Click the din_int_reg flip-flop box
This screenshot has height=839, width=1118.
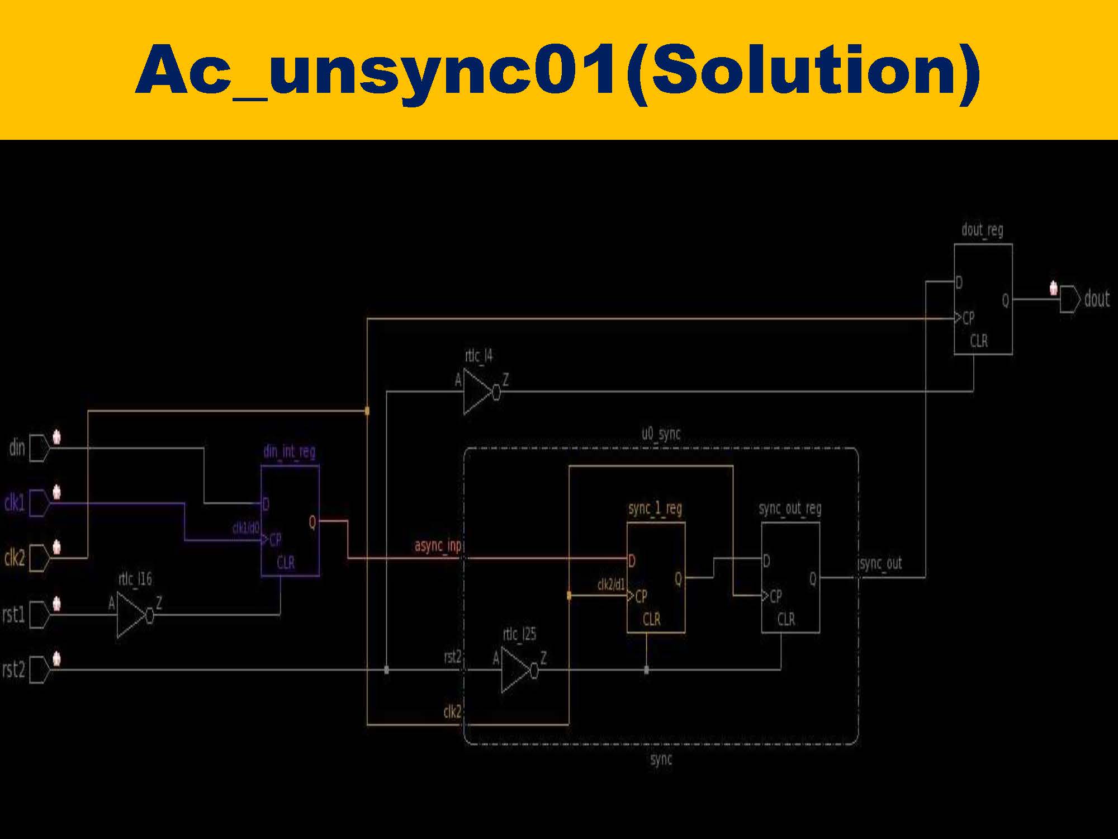click(290, 520)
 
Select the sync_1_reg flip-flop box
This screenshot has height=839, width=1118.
click(656, 577)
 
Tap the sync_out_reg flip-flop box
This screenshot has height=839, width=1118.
click(790, 577)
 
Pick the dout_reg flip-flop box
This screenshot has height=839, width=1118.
click(983, 299)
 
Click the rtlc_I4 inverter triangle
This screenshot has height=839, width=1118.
click(476, 392)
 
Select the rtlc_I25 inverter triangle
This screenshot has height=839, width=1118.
click(515, 670)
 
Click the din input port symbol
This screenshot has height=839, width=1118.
click(39, 447)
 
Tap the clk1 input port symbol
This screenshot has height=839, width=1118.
click(39, 503)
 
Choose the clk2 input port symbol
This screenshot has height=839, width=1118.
click(39, 558)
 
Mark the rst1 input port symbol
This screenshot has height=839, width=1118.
click(39, 615)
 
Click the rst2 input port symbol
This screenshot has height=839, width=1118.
click(39, 670)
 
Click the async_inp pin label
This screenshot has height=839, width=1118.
click(438, 545)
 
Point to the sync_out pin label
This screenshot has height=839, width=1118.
click(880, 564)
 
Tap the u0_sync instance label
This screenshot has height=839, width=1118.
click(661, 434)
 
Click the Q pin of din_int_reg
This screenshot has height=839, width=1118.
click(312, 522)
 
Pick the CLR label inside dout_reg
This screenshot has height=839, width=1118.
click(978, 341)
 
